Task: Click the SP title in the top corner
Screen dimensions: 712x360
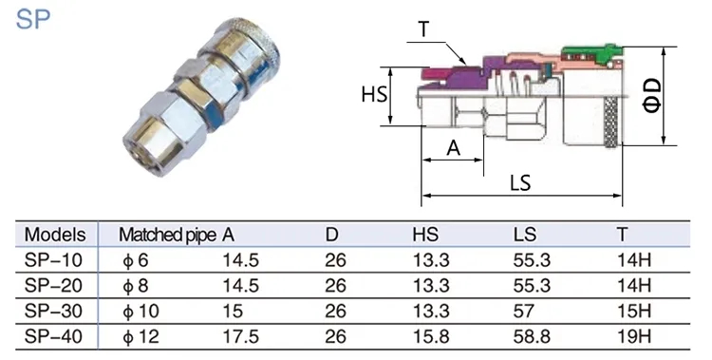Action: (x=33, y=19)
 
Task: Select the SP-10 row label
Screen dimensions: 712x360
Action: (x=53, y=260)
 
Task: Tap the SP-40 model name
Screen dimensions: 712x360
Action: (x=53, y=336)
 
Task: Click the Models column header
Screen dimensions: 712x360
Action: (x=55, y=235)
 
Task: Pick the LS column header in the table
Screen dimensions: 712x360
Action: (x=525, y=235)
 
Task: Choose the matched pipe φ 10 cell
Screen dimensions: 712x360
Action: (x=141, y=312)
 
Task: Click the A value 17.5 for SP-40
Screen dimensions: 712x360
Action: (x=241, y=336)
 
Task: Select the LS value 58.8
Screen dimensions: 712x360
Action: (x=532, y=336)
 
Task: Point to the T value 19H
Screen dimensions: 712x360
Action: (x=634, y=336)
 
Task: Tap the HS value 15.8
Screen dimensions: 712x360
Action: (x=431, y=336)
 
